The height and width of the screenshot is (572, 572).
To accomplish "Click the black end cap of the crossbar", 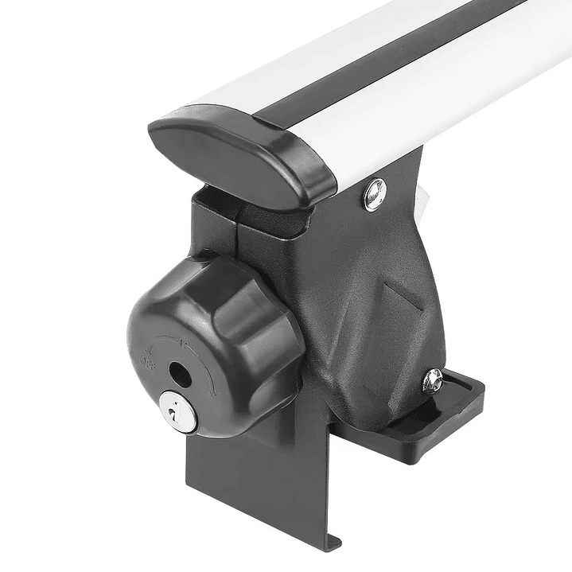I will click(239, 155).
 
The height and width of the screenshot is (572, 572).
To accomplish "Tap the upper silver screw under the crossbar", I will click(374, 194).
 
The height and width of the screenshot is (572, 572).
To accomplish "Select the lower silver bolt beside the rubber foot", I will click(433, 381).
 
